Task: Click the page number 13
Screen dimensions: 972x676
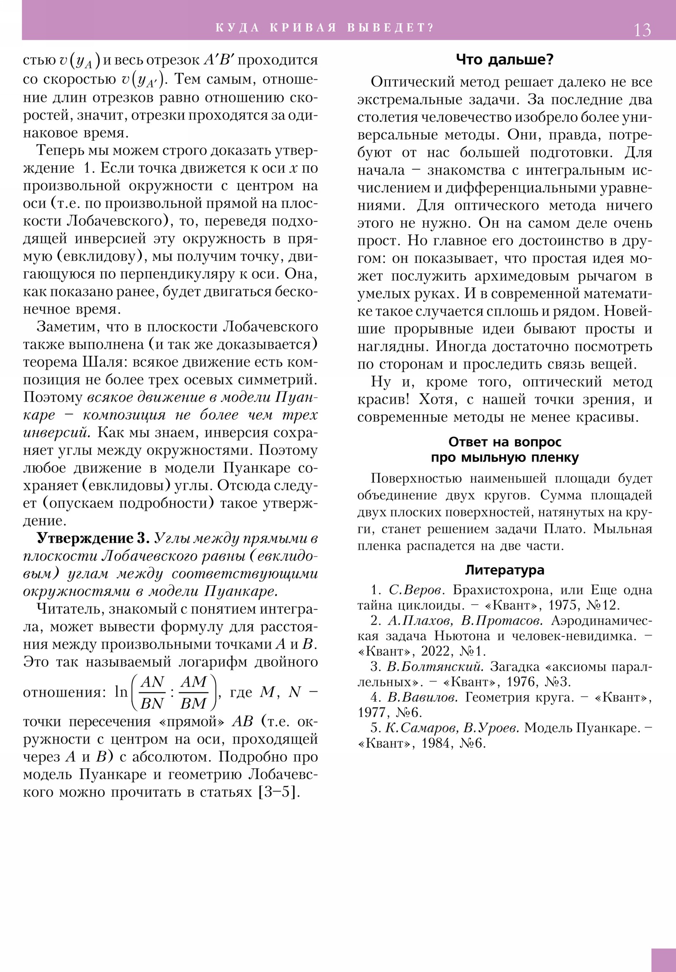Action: pyautogui.click(x=642, y=30)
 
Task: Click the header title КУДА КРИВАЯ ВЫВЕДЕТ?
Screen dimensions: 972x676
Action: pyautogui.click(x=324, y=28)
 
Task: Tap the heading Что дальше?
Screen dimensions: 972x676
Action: pyautogui.click(x=504, y=60)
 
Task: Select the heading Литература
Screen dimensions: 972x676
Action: pyautogui.click(x=504, y=570)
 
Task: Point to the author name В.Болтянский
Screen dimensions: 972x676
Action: pyautogui.click(x=435, y=666)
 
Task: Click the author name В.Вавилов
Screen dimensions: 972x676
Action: pyautogui.click(x=423, y=697)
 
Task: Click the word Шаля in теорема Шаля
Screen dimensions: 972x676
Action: pyautogui.click(x=106, y=362)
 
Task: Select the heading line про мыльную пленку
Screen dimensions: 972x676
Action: pyautogui.click(x=504, y=458)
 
